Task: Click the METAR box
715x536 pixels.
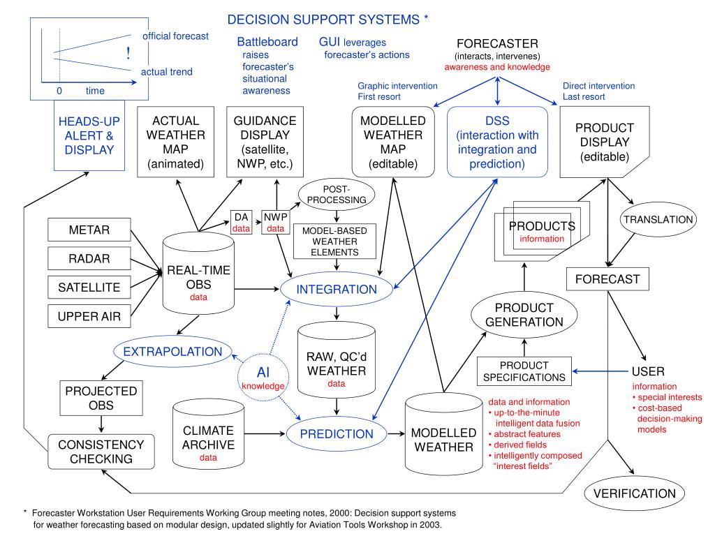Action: (89, 230)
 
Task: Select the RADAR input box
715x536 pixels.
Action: (89, 258)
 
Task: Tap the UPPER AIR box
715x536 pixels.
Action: (89, 316)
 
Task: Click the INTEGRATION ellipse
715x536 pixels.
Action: (337, 290)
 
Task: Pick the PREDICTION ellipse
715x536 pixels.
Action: (337, 433)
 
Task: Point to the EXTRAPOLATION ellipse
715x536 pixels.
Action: (172, 352)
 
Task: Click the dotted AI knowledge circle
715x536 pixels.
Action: (263, 378)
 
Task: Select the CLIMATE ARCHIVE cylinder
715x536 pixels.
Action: (208, 434)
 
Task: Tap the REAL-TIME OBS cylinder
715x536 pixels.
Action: (198, 274)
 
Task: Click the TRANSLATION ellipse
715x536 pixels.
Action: (658, 219)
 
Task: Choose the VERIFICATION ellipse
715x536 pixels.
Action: (634, 493)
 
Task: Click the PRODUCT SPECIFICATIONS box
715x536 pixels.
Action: (524, 371)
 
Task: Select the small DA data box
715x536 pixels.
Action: (241, 223)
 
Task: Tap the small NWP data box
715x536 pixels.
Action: (275, 223)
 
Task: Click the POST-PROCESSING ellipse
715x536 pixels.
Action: (337, 194)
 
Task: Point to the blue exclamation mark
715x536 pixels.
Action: (128, 53)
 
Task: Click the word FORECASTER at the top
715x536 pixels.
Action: (497, 44)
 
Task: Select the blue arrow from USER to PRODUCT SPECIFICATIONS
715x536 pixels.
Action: (600, 371)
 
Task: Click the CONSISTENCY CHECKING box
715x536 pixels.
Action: (101, 452)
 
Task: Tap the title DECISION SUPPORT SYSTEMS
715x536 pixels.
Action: (323, 20)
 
